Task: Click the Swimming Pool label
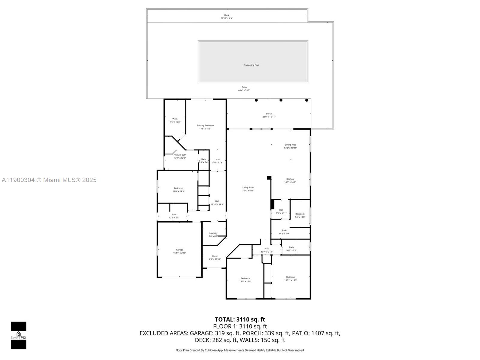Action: pyautogui.click(x=251, y=65)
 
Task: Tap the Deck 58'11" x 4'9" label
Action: pyautogui.click(x=227, y=17)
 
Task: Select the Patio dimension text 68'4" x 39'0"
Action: pyautogui.click(x=244, y=90)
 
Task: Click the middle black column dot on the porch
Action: pyautogui.click(x=281, y=100)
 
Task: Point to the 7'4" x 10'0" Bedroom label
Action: pyautogui.click(x=300, y=215)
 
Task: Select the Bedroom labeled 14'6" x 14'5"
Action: pyautogui.click(x=178, y=190)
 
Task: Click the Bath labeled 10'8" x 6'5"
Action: pyautogui.click(x=174, y=216)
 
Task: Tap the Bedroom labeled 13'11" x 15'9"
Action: pyautogui.click(x=291, y=279)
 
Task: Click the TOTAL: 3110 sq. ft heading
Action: pyautogui.click(x=240, y=319)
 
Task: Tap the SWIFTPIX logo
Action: pyautogui.click(x=19, y=335)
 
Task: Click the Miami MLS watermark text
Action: pyautogui.click(x=49, y=180)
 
